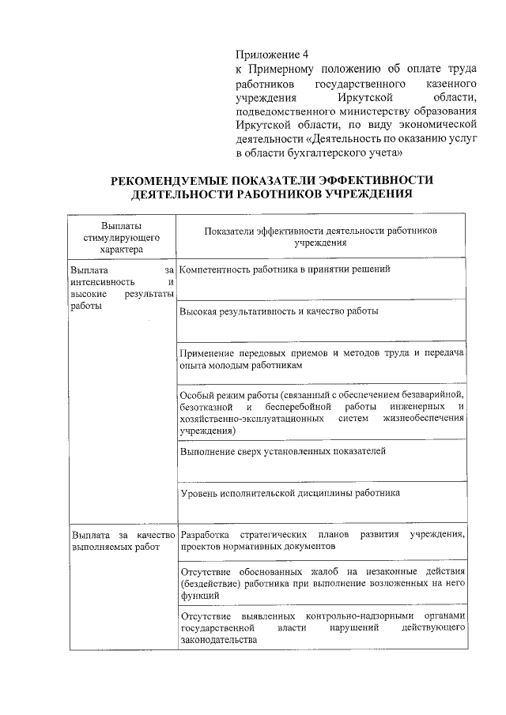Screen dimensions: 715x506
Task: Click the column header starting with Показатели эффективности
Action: click(x=320, y=238)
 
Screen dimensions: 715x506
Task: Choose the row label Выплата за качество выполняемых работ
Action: click(x=122, y=540)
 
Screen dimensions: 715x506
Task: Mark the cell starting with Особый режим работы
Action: click(x=321, y=412)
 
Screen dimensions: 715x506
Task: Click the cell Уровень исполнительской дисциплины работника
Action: click(x=290, y=492)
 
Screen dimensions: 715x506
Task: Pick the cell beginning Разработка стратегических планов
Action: click(x=321, y=540)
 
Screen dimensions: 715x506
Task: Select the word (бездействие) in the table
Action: click(x=210, y=582)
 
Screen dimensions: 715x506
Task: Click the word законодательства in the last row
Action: click(x=219, y=639)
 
